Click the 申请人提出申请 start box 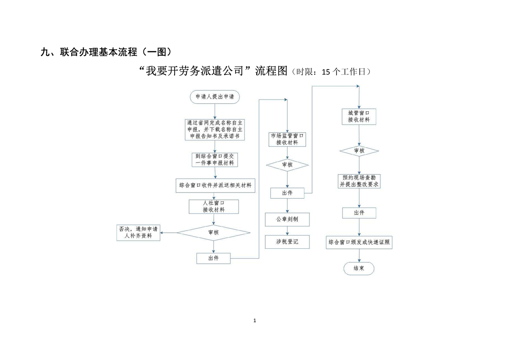click(x=215, y=97)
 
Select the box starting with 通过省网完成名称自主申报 click(x=215, y=129)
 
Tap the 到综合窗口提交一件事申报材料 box click(x=215, y=159)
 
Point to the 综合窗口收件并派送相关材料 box click(x=215, y=185)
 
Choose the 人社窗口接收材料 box click(x=214, y=207)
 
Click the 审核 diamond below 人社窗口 click(x=213, y=232)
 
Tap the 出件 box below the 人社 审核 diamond click(x=213, y=258)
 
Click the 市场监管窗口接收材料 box click(x=287, y=139)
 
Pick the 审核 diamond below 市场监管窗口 click(x=287, y=165)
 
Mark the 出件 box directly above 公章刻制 click(x=287, y=193)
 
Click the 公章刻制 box click(x=287, y=220)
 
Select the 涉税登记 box click(x=287, y=242)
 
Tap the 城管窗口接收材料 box click(x=359, y=117)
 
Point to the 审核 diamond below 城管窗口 click(x=359, y=151)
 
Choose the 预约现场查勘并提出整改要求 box click(x=359, y=181)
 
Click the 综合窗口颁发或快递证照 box click(x=359, y=243)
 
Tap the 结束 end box click(x=359, y=268)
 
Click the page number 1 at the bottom click(x=254, y=321)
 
